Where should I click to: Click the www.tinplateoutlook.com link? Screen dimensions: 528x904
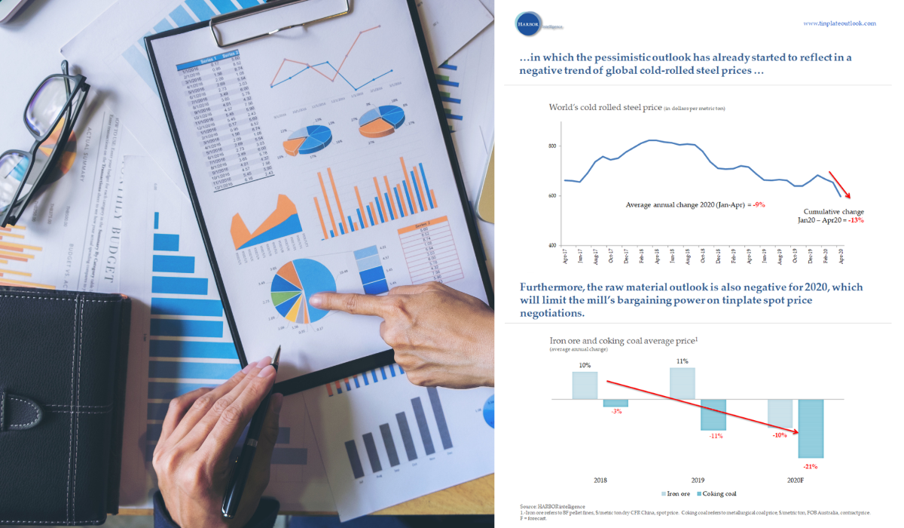[840, 23]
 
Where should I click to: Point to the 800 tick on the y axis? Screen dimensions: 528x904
[552, 146]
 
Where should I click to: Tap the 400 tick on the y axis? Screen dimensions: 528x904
[552, 245]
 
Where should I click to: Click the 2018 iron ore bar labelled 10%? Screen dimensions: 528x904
[585, 385]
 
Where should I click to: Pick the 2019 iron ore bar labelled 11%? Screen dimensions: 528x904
[682, 383]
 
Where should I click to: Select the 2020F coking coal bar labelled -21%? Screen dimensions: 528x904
[811, 428]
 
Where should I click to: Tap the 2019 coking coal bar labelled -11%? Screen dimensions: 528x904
[713, 414]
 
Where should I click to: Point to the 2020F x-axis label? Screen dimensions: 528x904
[796, 479]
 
